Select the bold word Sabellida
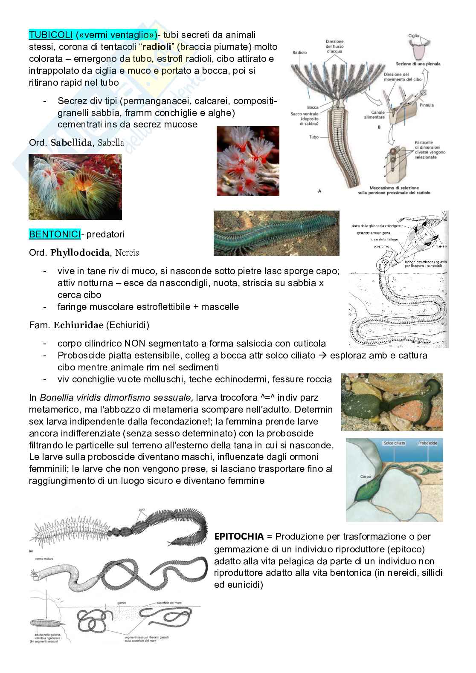[71, 143]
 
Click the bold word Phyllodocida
[80, 253]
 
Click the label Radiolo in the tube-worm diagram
[300, 53]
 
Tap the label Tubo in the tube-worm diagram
[314, 137]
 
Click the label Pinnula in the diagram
[427, 105]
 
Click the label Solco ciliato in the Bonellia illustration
[395, 443]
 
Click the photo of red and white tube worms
[248, 161]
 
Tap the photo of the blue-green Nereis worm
[276, 233]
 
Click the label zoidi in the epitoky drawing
[142, 509]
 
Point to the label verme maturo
[42, 558]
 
